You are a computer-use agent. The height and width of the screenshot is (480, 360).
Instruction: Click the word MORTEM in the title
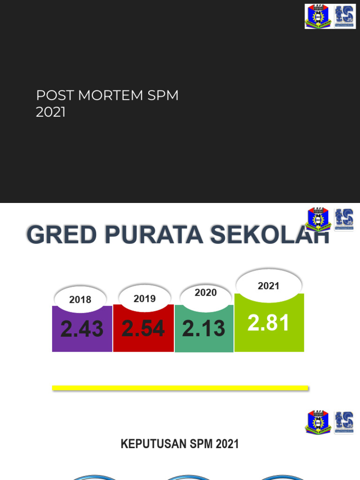(x=111, y=96)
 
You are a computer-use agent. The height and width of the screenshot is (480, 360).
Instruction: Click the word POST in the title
(x=56, y=96)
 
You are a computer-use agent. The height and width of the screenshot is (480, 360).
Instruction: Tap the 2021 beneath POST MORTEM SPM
(x=51, y=112)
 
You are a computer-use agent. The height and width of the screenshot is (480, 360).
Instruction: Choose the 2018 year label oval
(x=80, y=300)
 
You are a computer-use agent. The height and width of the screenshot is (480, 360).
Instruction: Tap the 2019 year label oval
(x=144, y=298)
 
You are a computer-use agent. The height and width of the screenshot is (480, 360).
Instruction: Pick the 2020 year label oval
(x=206, y=292)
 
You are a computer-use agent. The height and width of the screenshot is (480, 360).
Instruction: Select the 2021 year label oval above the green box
(x=269, y=285)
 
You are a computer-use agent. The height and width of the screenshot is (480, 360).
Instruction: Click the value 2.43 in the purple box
(x=82, y=329)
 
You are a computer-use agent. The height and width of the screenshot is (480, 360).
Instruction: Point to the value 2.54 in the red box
(x=143, y=329)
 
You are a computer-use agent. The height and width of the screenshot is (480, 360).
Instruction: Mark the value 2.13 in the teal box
(x=204, y=329)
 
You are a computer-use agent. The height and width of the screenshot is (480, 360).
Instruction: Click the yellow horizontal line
(x=180, y=388)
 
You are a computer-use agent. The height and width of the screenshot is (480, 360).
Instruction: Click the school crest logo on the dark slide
(x=317, y=16)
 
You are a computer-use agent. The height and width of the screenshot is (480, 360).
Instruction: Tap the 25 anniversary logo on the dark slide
(x=345, y=16)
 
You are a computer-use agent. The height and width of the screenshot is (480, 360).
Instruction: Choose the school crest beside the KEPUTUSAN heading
(x=318, y=422)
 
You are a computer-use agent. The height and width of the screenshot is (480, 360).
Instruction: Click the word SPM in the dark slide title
(x=163, y=96)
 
